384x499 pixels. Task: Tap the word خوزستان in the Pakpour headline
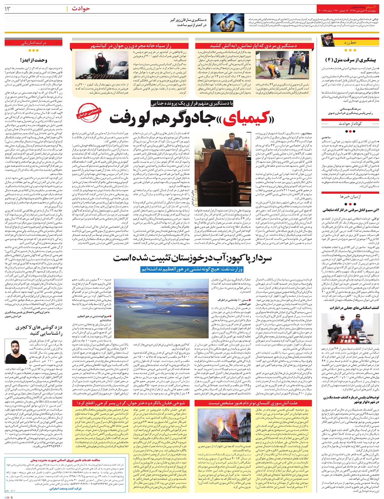[x=188, y=258]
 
